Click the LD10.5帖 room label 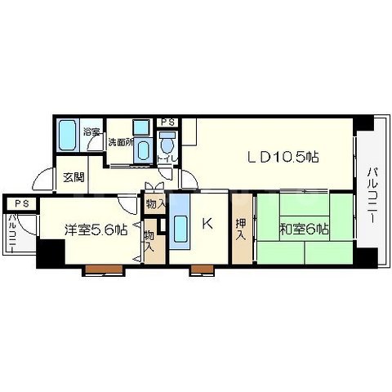point(283,157)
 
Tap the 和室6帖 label point(304,229)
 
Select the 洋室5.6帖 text point(96,230)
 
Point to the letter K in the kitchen point(207,224)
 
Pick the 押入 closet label point(241,229)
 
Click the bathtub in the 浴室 point(68,135)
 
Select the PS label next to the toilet point(167,122)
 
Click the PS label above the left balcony point(22,203)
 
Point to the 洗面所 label point(121,142)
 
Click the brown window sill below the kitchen point(202,269)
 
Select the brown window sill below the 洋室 point(104,269)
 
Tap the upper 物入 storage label point(155,203)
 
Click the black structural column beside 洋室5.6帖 point(51,253)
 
